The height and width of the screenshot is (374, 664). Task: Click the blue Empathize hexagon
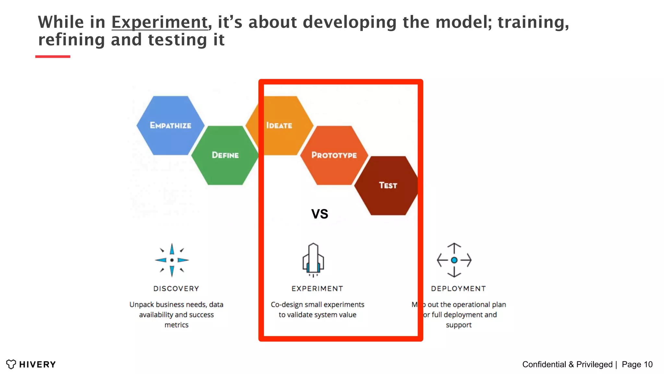point(171,125)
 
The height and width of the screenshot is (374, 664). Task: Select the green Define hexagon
point(225,155)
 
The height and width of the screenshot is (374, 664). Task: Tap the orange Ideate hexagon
point(279,125)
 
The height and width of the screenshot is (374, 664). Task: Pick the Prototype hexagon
point(334,155)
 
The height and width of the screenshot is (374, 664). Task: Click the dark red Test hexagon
point(388,185)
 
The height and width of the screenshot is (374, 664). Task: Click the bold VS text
point(320,214)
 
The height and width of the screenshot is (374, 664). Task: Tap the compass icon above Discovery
point(172,260)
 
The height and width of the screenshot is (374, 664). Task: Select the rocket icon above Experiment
point(313,260)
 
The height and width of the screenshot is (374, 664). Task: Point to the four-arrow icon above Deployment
point(454,260)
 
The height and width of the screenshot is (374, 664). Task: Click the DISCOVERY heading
point(176,289)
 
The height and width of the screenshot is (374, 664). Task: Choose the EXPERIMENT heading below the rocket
point(317,289)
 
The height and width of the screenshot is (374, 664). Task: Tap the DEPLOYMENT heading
point(458,289)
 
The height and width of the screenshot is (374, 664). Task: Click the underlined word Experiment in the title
point(160,22)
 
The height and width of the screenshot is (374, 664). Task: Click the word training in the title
point(533,22)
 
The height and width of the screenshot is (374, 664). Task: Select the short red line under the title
point(53,56)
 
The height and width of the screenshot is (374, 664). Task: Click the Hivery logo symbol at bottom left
point(11,364)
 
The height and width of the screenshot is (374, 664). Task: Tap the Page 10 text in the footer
point(637,364)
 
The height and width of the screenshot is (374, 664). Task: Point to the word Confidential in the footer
point(544,364)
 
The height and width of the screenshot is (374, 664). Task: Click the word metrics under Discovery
point(176,325)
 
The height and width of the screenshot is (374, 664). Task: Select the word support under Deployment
point(458,325)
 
